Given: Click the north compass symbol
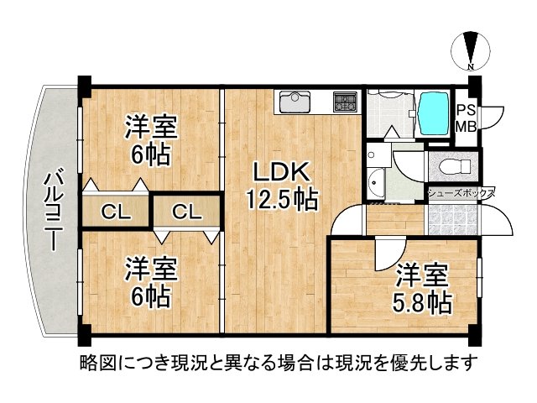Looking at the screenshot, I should [471, 49].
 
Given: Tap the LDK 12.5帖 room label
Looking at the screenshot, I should [280, 186].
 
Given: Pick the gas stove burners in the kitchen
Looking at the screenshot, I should [344, 102].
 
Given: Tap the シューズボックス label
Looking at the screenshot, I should [460, 192].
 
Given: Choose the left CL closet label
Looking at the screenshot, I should [116, 212].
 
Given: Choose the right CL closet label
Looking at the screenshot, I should [187, 212].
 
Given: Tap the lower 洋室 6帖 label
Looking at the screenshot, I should [151, 283].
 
